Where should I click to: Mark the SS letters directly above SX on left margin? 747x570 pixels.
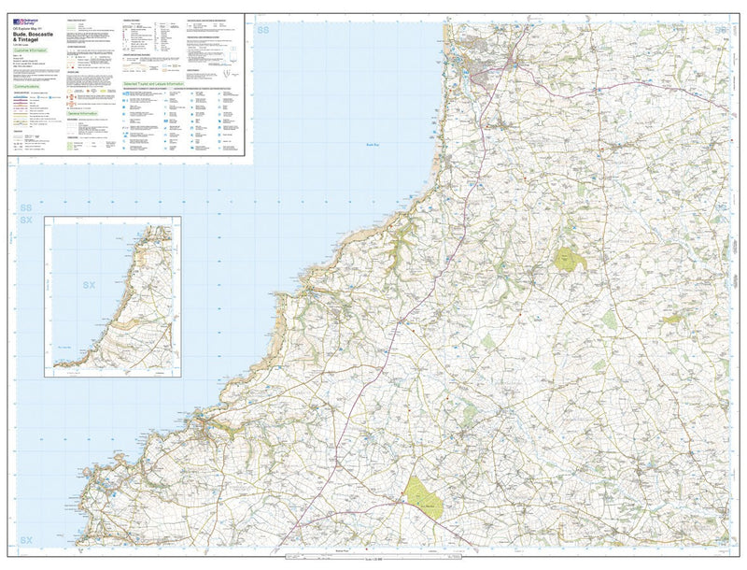(x=25, y=207)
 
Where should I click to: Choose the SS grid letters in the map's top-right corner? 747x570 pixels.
(x=720, y=31)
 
